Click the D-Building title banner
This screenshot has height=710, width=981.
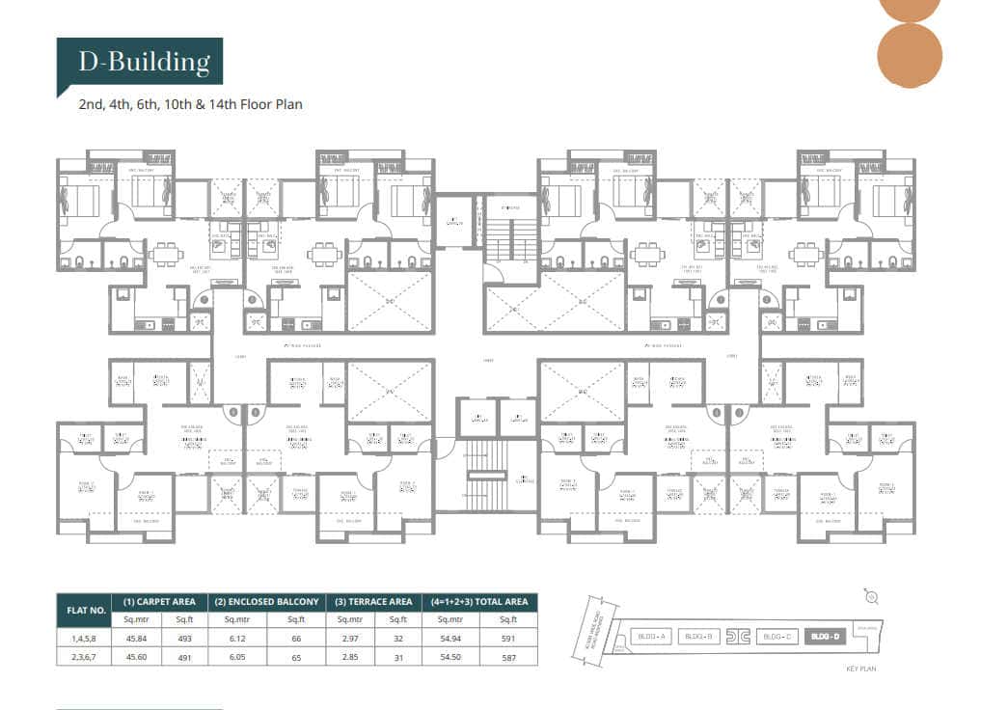click(140, 64)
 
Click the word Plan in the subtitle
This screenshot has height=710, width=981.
click(286, 103)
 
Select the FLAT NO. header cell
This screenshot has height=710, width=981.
click(84, 610)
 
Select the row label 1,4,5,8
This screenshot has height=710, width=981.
click(84, 638)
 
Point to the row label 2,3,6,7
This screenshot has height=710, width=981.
click(84, 657)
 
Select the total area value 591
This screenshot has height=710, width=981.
click(509, 638)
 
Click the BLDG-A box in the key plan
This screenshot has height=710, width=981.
click(651, 636)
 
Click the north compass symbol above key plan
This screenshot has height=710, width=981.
click(871, 598)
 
